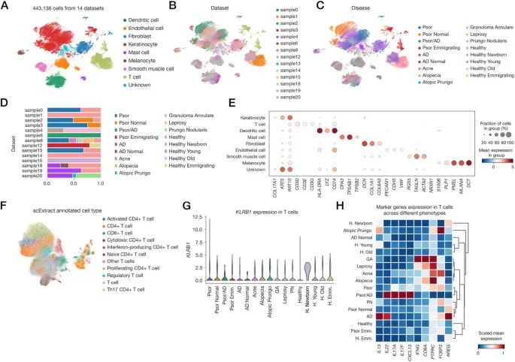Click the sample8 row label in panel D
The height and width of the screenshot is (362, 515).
click(x=32, y=140)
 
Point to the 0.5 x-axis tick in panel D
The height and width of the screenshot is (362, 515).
click(x=73, y=182)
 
